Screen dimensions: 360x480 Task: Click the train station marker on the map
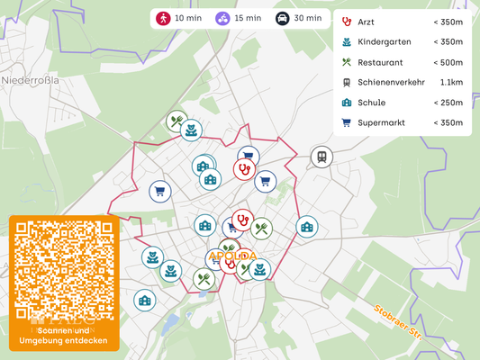[x=321, y=157]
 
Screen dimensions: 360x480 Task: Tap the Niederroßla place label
[x=31, y=79]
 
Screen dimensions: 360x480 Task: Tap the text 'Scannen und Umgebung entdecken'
[x=64, y=336]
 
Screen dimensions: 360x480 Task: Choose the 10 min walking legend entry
[x=179, y=18]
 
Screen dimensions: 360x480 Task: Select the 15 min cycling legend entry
[x=238, y=18]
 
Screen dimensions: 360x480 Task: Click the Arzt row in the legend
[x=403, y=22]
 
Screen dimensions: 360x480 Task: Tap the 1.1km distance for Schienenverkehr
[x=451, y=83]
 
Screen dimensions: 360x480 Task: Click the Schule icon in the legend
[x=347, y=103]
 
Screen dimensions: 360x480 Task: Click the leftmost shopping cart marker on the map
[x=159, y=191]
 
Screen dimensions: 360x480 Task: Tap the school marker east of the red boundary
[x=307, y=226]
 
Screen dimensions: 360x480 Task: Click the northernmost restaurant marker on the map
[x=177, y=121]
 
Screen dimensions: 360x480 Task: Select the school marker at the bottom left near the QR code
[x=144, y=300]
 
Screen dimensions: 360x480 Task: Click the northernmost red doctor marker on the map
[x=243, y=169]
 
